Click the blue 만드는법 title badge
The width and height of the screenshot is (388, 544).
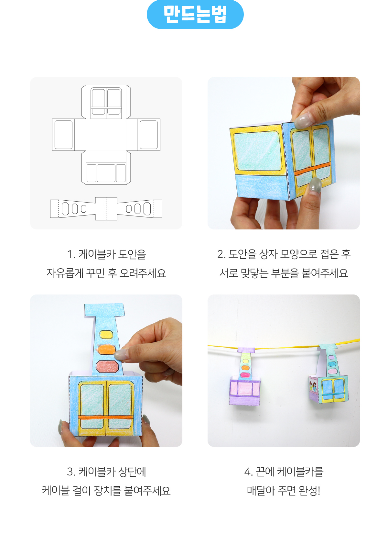[x=195, y=15]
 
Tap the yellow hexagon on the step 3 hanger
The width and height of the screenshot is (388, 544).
[x=106, y=334]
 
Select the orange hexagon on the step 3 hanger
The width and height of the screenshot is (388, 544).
[x=106, y=350]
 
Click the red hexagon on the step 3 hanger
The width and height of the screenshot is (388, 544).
[x=107, y=366]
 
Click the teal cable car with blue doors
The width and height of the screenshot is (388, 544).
[x=328, y=374]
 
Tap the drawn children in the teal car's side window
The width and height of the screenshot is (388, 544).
[x=313, y=386]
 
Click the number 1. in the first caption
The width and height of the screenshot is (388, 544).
[x=71, y=254]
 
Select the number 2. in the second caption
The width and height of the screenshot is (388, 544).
[x=221, y=254]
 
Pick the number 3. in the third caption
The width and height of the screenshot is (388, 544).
[x=71, y=472]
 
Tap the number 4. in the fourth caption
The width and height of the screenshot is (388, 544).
[x=248, y=472]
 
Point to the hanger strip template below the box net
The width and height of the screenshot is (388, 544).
[x=106, y=209]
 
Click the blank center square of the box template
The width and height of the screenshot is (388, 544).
[x=106, y=135]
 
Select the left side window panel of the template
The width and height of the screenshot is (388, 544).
[x=64, y=135]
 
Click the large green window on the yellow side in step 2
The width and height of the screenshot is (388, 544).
[x=258, y=150]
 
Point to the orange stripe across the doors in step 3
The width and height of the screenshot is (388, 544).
[x=105, y=417]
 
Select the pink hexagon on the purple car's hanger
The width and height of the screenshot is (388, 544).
[x=245, y=375]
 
